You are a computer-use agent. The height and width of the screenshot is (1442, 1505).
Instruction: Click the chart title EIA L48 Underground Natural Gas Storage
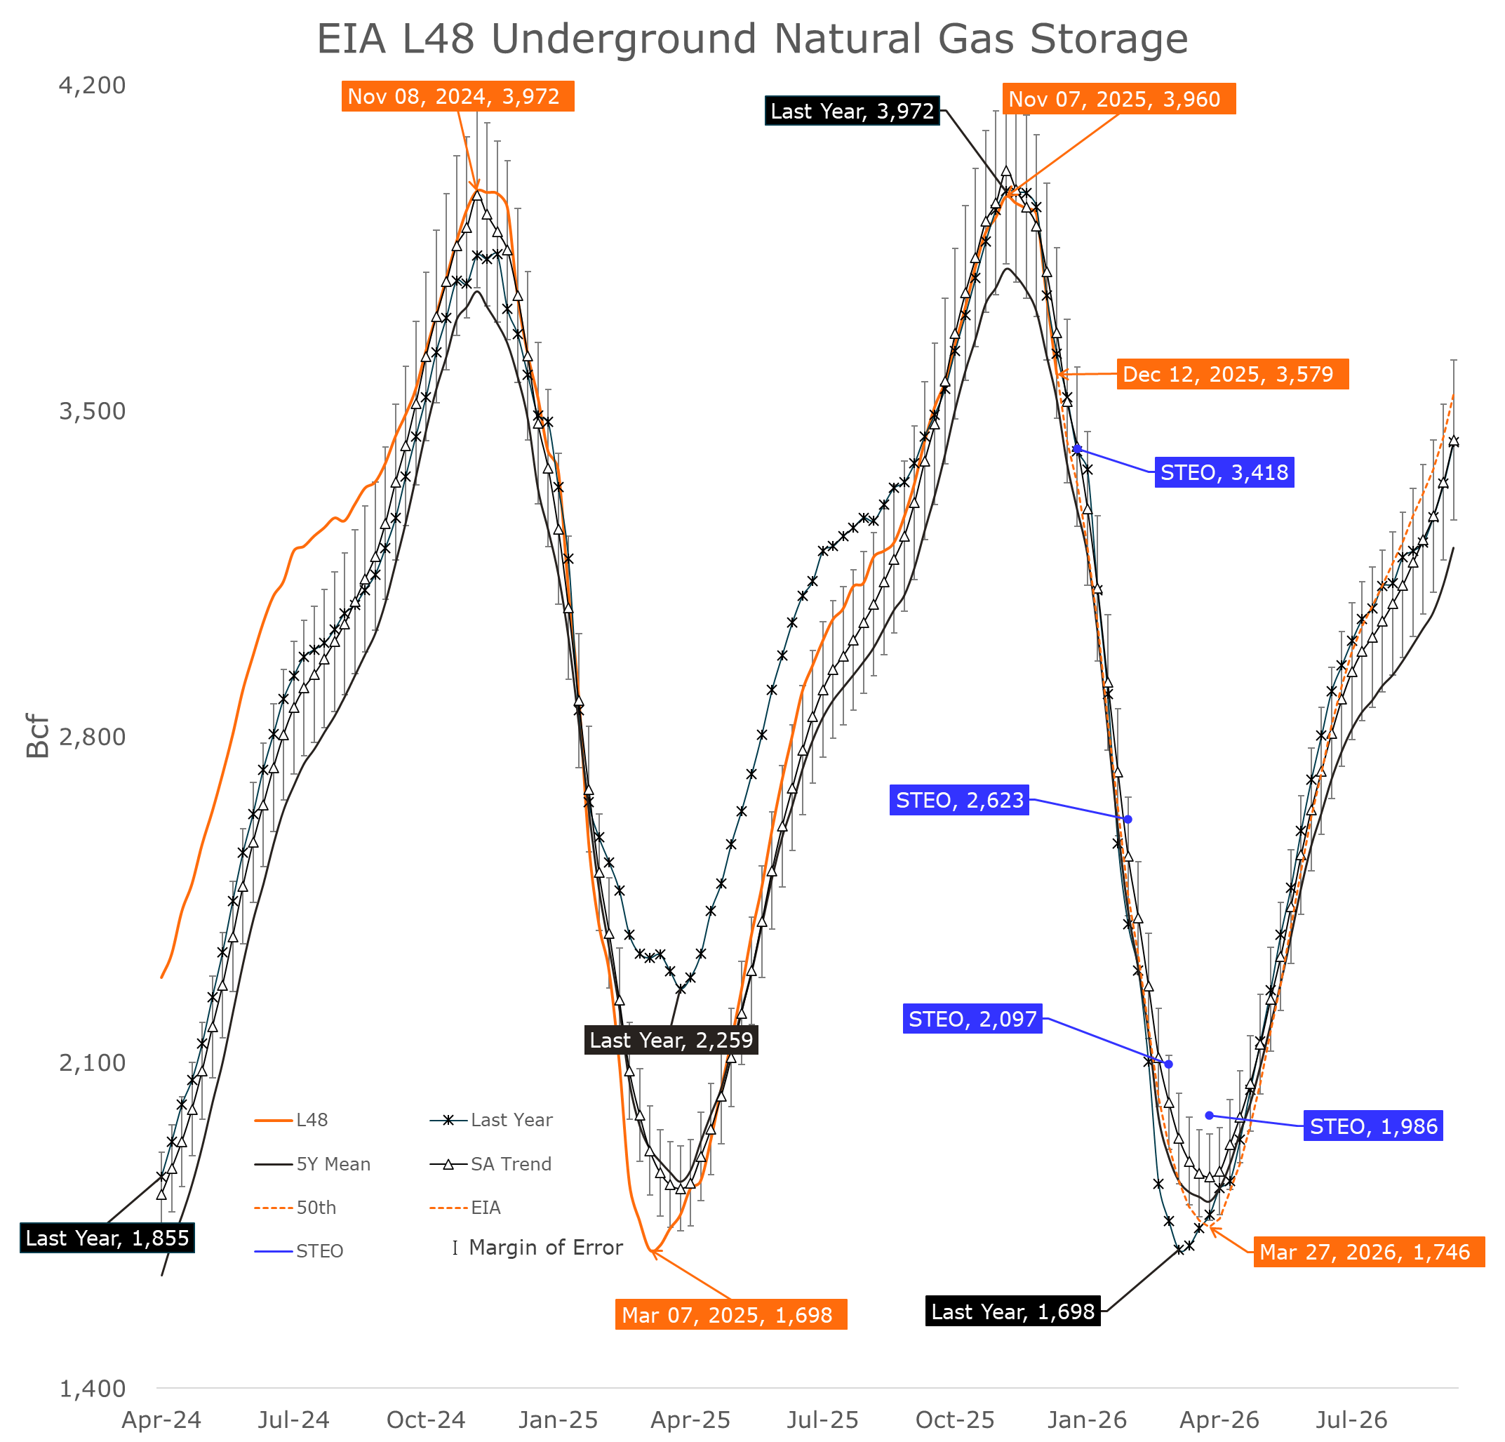point(751,39)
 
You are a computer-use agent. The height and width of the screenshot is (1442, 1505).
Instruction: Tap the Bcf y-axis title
point(38,735)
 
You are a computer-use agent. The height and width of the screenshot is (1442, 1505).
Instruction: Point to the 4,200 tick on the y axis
point(92,85)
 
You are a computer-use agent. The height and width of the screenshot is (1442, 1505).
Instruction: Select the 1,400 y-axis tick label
point(92,1388)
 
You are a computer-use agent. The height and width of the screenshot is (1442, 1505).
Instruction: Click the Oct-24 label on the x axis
point(425,1420)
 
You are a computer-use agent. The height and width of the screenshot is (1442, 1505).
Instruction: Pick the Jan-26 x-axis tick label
point(1087,1420)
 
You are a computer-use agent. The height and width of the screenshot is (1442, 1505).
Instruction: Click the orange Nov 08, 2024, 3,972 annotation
point(457,97)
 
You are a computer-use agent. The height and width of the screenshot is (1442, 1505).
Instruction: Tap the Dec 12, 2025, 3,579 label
point(1231,374)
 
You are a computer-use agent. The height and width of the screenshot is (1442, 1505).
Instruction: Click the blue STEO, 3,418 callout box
point(1224,472)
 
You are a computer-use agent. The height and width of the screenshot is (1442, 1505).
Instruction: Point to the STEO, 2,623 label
point(959,800)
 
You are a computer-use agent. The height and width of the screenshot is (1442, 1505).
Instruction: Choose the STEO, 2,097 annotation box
point(972,1019)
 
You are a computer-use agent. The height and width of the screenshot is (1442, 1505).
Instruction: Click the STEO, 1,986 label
point(1373,1126)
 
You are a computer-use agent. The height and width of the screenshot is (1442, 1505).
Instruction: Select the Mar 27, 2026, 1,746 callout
point(1368,1253)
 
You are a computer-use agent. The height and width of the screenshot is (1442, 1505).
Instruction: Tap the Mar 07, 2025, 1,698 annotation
point(730,1314)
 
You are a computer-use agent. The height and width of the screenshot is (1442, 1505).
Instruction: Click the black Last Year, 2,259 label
point(671,1040)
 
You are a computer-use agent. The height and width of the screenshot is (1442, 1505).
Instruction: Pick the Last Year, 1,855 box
point(107,1238)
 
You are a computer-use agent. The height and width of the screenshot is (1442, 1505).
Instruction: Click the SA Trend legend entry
point(511,1164)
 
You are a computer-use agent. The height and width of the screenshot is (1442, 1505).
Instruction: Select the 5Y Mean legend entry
point(333,1164)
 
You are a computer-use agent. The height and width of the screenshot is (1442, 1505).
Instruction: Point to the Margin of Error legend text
point(545,1248)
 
